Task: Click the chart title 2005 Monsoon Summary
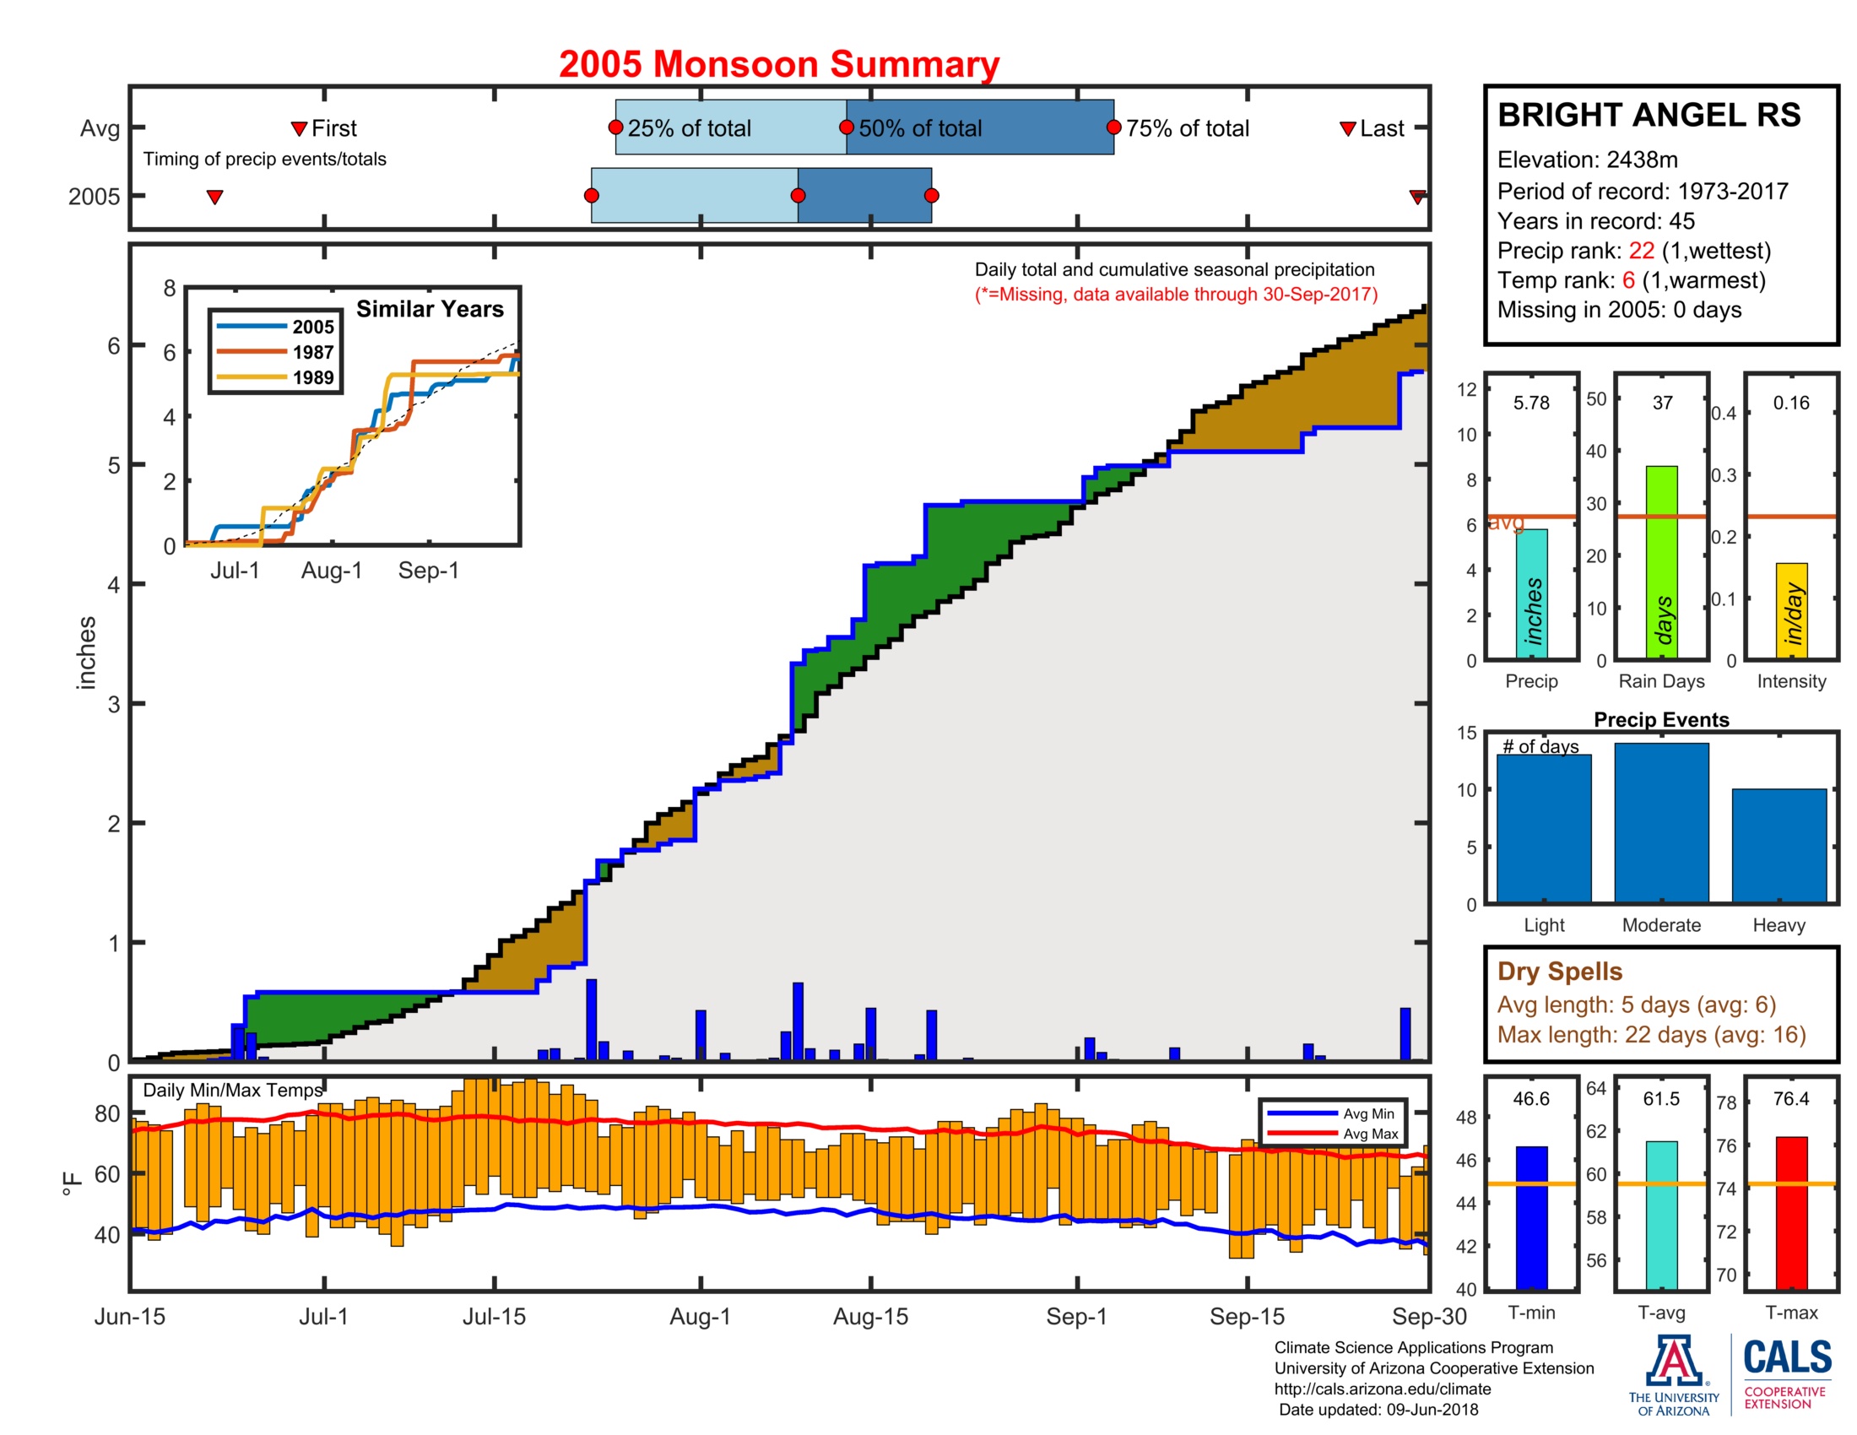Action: (778, 65)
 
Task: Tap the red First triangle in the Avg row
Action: (299, 128)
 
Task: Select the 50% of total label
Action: (919, 128)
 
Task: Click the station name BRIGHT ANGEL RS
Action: (1648, 115)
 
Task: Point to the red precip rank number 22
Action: (1640, 251)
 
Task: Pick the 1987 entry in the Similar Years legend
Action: (312, 352)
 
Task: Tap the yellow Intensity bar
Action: (1790, 609)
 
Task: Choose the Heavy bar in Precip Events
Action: (1778, 845)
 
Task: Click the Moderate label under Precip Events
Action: (1660, 925)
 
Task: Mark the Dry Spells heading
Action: (1559, 971)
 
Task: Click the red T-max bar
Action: (1790, 1212)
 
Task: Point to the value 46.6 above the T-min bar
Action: (1530, 1098)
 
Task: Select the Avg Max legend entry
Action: (1369, 1133)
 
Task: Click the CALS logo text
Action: (1786, 1356)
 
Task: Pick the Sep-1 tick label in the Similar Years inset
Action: (429, 571)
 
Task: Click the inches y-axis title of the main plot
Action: (87, 652)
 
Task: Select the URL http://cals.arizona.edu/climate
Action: (1382, 1389)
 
